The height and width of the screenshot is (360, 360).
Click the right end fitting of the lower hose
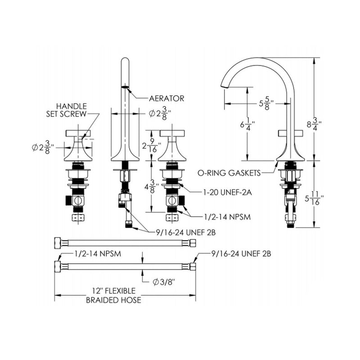coord(193,265)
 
